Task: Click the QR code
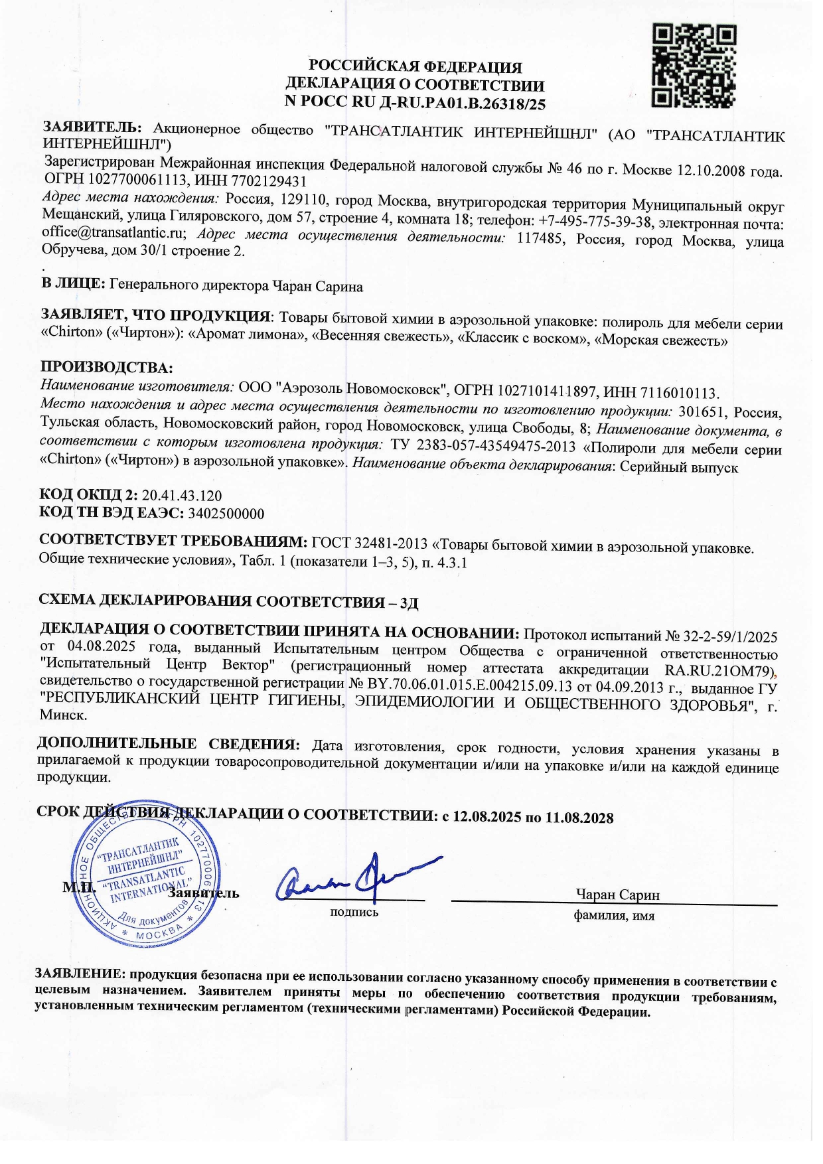click(694, 66)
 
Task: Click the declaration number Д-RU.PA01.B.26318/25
click(452, 103)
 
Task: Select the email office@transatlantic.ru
click(112, 233)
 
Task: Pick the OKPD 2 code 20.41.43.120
click(181, 496)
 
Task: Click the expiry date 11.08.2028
click(579, 818)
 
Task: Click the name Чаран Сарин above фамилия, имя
click(617, 895)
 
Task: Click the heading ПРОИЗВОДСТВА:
click(106, 368)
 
